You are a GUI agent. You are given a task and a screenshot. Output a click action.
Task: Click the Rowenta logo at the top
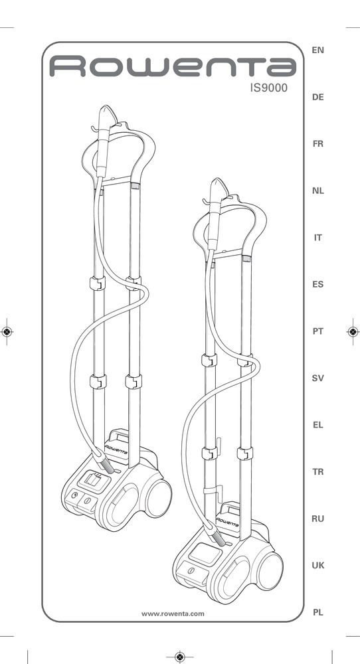[x=173, y=66]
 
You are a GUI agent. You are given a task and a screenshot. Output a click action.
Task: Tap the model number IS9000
[x=268, y=88]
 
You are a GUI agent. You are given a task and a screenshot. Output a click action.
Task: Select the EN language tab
[x=317, y=50]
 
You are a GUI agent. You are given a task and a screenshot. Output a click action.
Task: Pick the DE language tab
[x=317, y=97]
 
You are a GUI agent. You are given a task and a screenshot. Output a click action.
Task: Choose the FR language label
[x=317, y=144]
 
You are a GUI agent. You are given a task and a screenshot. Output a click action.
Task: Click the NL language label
[x=317, y=191]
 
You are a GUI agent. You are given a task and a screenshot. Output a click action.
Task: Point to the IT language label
[x=317, y=238]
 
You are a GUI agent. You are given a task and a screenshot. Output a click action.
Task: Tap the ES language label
[x=317, y=285]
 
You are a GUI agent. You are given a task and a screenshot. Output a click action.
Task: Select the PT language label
[x=317, y=331]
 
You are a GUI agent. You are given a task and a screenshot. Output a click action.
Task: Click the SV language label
[x=317, y=378]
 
